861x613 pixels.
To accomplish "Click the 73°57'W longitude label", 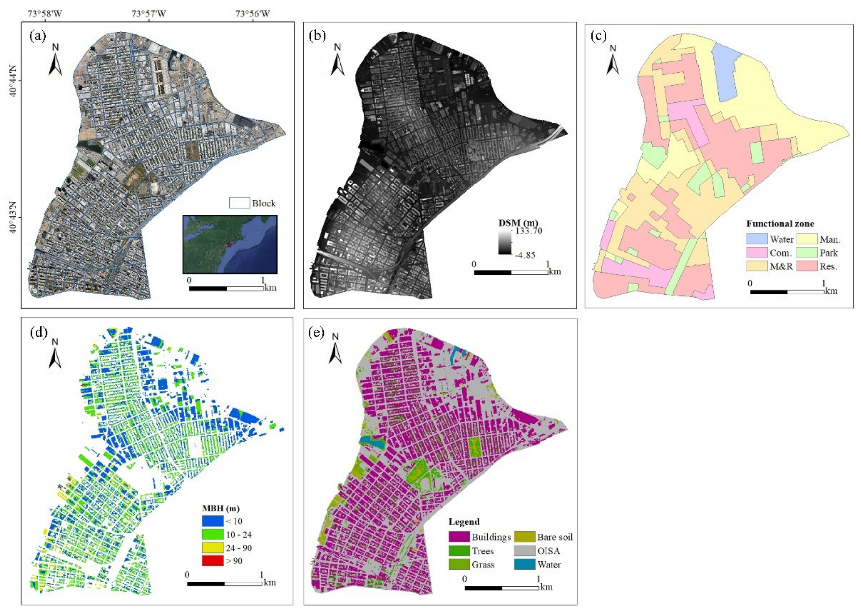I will coord(149,14).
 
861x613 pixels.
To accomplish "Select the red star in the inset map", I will coord(229,245).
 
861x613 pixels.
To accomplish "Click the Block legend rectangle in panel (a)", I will coord(239,203).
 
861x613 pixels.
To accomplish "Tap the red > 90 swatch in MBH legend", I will coord(212,561).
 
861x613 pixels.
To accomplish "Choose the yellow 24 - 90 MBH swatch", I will coord(212,548).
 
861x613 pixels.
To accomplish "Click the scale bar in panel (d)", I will coord(224,583).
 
